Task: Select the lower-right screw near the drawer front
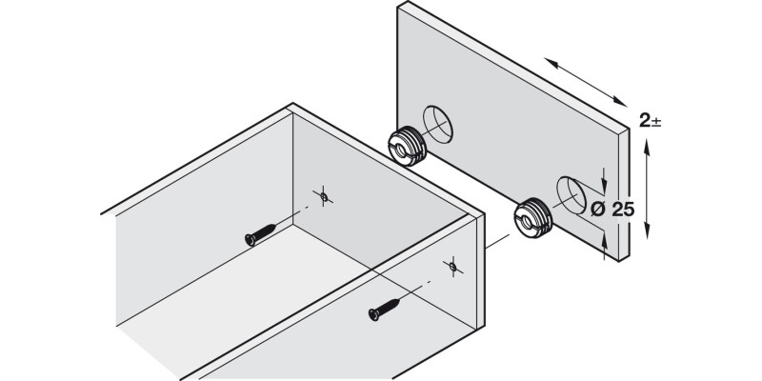coord(387,309)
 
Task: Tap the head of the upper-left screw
coord(251,238)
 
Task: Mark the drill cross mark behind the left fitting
coord(325,196)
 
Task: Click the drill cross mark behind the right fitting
coord(453,263)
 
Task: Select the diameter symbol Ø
coord(597,210)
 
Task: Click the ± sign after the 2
coord(658,122)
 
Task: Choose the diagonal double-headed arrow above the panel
coord(583,83)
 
